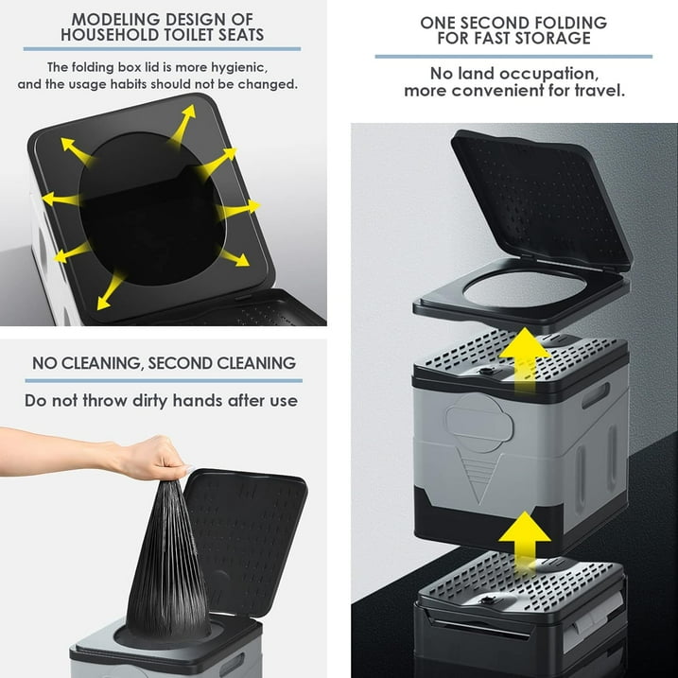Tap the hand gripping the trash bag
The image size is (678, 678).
click(x=149, y=459)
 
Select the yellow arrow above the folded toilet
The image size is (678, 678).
click(x=524, y=537)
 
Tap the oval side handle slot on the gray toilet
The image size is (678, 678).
click(x=595, y=395)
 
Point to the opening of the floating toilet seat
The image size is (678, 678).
click(x=525, y=288)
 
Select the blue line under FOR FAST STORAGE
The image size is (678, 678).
click(x=513, y=57)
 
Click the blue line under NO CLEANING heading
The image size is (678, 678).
click(x=164, y=381)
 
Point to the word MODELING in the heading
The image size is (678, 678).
click(x=115, y=20)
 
